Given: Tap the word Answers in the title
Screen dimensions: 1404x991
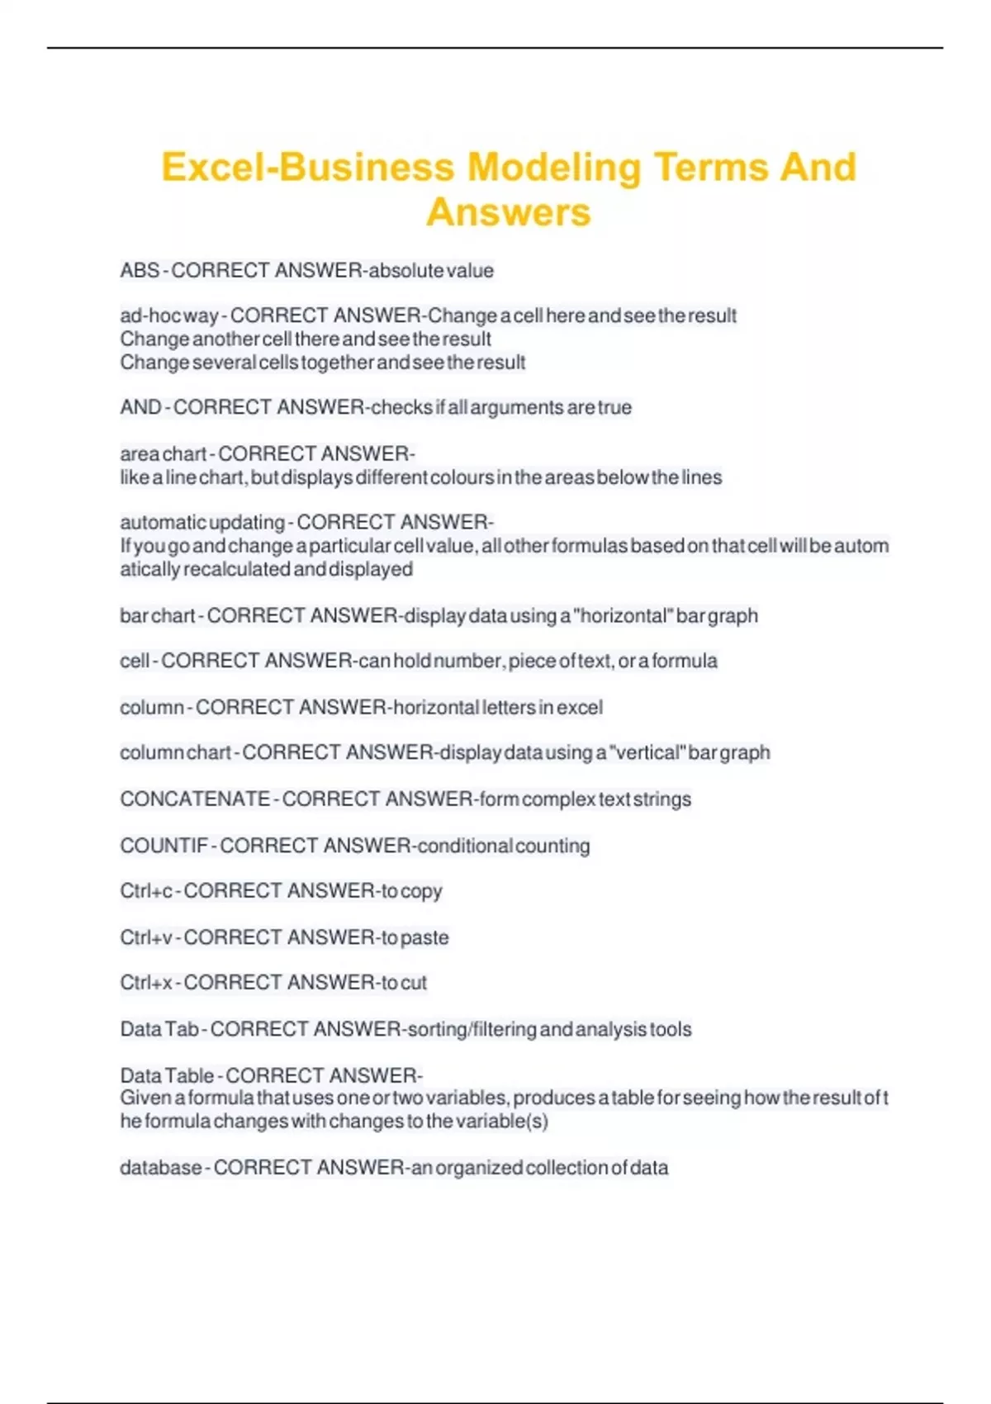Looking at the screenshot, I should tap(509, 212).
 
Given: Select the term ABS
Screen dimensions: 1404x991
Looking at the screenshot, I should tap(139, 271).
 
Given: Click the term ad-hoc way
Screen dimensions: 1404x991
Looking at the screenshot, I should tap(168, 316).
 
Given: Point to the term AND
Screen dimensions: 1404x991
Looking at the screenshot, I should tap(140, 408).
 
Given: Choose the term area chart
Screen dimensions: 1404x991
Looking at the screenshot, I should tap(163, 454).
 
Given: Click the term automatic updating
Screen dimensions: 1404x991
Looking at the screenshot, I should tap(202, 523).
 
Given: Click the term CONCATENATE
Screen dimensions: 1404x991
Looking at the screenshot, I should tap(195, 799).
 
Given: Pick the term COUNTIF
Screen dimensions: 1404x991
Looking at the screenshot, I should tap(164, 847).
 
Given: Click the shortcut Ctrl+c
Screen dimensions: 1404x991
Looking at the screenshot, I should tap(146, 892).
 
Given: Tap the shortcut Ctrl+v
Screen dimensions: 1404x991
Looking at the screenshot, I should tap(146, 938).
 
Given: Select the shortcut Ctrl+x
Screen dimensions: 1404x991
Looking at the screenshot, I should tap(146, 984).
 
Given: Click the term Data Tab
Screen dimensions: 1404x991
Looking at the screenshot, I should tap(159, 1030).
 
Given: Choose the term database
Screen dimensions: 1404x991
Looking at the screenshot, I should tap(160, 1169).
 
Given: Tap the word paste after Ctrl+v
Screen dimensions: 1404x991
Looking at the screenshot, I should tap(424, 938).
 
